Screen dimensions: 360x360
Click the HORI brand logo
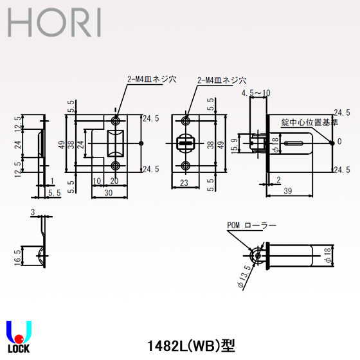[54, 23]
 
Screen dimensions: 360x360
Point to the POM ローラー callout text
[251, 226]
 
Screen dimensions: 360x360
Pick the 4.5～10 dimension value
[256, 93]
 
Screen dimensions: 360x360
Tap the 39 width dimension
[289, 190]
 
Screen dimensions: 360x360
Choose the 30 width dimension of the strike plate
[109, 191]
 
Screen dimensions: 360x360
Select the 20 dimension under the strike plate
[114, 182]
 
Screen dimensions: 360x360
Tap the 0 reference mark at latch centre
[339, 141]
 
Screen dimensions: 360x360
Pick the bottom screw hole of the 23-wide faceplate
[186, 165]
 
